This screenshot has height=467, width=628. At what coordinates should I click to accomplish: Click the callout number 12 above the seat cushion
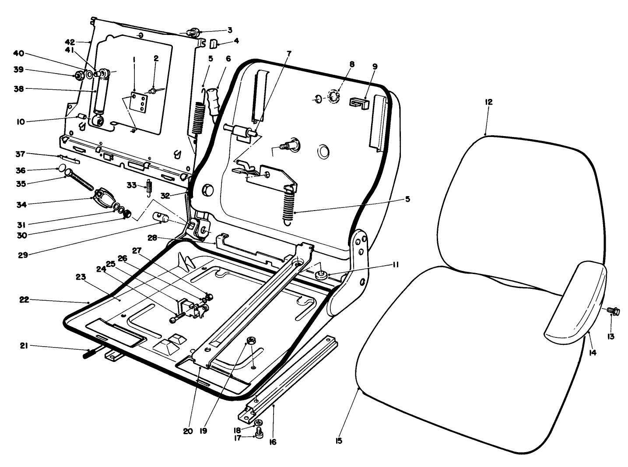(x=489, y=102)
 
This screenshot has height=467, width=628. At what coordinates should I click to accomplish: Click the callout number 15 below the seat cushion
(x=339, y=441)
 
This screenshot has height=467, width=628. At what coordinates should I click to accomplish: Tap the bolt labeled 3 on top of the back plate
(x=193, y=32)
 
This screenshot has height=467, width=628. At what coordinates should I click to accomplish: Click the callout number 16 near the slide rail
(x=273, y=442)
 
